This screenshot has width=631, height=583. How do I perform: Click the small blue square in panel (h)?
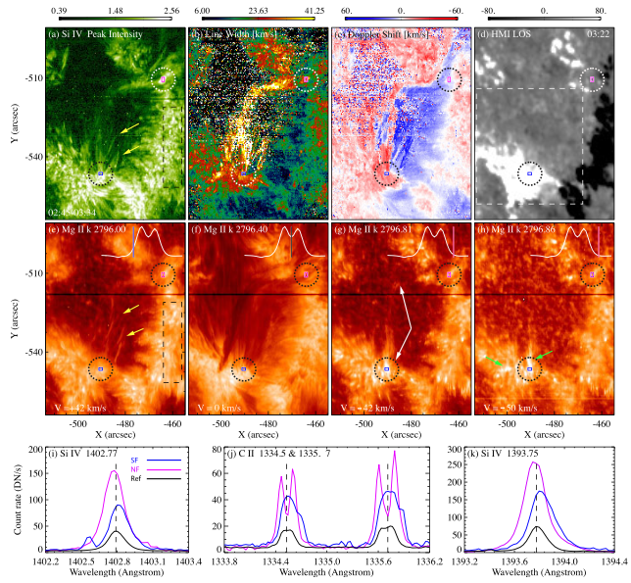529,368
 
